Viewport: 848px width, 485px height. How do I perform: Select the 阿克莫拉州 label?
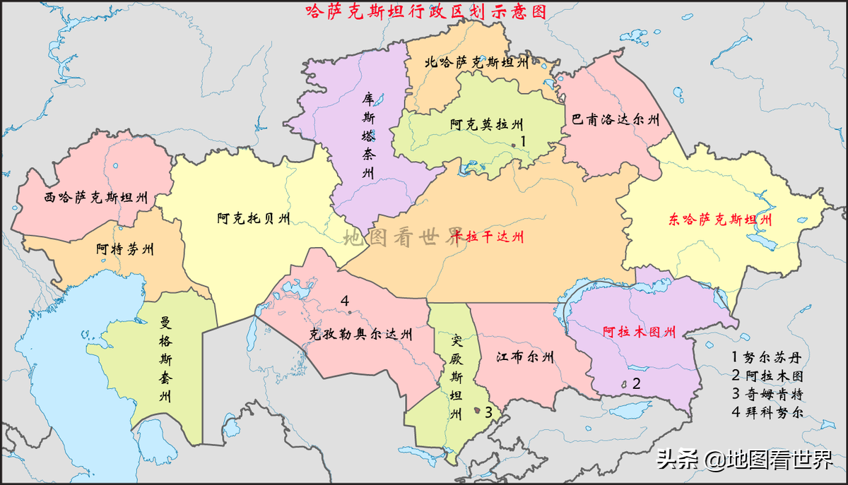487,125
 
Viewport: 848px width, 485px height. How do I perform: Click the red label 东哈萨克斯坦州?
719,220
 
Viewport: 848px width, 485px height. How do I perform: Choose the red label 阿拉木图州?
639,331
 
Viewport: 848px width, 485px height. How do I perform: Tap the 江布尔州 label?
524,357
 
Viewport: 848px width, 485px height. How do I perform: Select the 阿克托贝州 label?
253,218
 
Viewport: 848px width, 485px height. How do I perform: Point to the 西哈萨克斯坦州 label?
96,198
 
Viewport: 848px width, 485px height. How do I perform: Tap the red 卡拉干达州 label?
489,236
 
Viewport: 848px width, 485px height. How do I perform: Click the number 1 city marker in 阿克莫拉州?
524,141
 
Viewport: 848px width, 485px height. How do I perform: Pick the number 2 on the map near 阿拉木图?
636,384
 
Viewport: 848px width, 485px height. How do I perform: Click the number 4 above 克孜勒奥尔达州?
345,301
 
